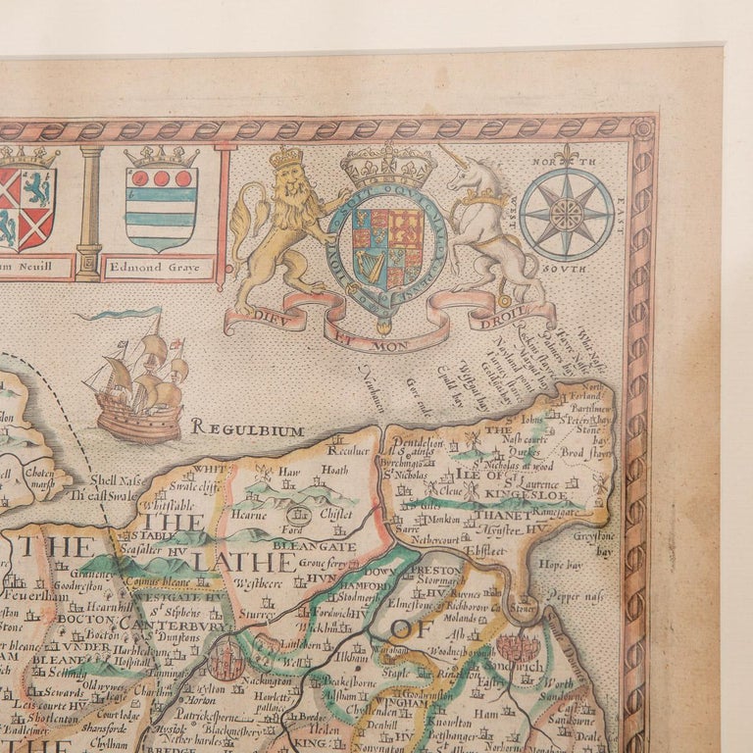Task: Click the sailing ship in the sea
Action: [137, 382]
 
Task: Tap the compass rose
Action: [566, 213]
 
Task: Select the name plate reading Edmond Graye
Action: [159, 267]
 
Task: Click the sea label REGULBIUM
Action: [247, 427]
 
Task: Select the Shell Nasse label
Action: [116, 480]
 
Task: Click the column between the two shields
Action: [88, 211]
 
